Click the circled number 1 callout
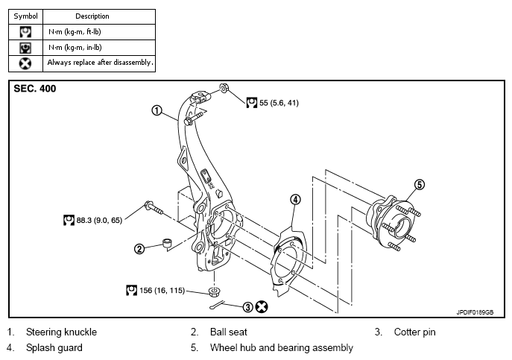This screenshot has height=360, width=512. point(157,110)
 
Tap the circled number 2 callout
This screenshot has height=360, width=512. point(139,249)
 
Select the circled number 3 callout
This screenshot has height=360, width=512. point(248,307)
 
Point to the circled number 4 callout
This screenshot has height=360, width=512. point(295,199)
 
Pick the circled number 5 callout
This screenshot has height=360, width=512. point(420,185)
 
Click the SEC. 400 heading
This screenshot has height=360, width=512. point(34,89)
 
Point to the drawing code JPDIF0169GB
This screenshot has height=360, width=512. point(475,312)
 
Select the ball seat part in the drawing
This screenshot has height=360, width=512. point(168,243)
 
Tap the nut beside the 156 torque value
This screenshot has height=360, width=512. point(214,291)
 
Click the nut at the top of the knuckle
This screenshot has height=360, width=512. point(224,87)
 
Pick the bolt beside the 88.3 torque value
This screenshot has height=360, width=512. point(154,208)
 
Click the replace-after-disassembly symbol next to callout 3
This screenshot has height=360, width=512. point(262,307)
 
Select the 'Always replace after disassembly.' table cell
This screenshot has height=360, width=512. point(99,63)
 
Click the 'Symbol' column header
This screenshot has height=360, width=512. point(26,16)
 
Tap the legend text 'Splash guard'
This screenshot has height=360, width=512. point(54,347)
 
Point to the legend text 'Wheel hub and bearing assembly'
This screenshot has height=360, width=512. point(282,347)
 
